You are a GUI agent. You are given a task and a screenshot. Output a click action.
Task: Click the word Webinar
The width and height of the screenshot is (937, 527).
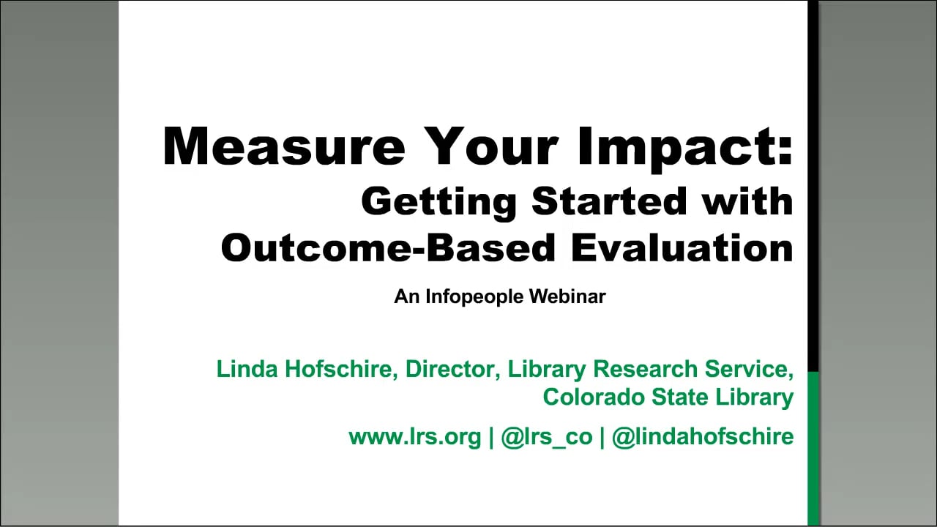tap(567, 296)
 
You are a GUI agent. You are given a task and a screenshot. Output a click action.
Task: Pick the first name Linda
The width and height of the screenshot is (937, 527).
tap(247, 369)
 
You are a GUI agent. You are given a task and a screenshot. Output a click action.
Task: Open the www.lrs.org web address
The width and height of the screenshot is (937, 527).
tap(415, 438)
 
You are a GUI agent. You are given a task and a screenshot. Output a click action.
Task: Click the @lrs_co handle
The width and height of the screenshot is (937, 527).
tap(547, 438)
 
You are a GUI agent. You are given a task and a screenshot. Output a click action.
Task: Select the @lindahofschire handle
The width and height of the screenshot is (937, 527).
tap(702, 437)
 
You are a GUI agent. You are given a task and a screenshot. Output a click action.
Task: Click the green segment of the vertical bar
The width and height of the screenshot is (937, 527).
tap(813, 449)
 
